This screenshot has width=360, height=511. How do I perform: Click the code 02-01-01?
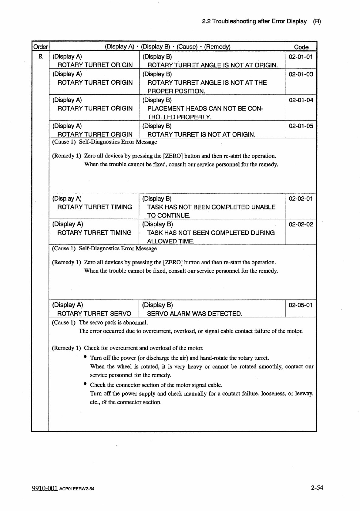coord(301,57)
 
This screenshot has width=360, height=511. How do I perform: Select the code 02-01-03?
coord(301,74)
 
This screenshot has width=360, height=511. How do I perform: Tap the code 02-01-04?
coord(301,100)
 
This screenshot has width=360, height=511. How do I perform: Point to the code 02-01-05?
coord(301,126)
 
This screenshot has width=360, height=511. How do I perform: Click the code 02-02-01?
coord(301,199)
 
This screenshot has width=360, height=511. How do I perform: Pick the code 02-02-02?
coord(301,225)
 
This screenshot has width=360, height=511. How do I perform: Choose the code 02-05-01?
coord(301,305)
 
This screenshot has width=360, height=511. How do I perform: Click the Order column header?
coord(40,47)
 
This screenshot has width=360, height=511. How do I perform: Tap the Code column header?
coord(301,47)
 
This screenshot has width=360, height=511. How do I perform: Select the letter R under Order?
coord(41,57)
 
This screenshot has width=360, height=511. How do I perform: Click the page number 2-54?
coord(317,488)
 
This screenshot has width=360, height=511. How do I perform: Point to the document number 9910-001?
coord(45,488)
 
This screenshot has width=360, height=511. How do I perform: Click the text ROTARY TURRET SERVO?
coord(94,314)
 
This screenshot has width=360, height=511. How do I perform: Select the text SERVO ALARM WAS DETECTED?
coord(194,314)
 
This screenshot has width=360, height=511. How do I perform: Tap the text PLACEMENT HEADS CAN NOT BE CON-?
coord(205,109)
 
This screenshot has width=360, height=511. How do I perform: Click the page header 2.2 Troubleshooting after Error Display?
coord(254,22)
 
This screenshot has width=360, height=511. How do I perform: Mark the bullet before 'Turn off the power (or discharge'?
coord(86,357)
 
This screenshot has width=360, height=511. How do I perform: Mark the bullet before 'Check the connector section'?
coord(86,384)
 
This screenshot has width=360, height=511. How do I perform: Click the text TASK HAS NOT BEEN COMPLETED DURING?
coord(211,233)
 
